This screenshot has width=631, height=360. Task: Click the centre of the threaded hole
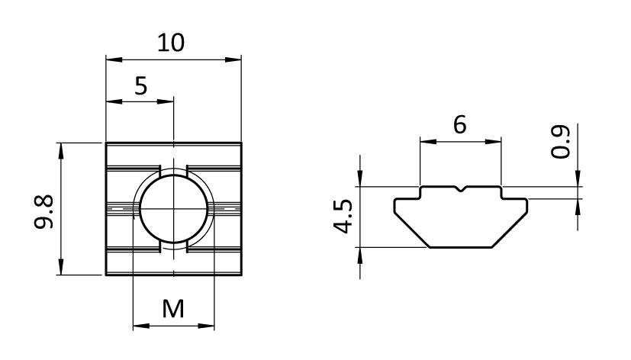pyautogui.click(x=174, y=209)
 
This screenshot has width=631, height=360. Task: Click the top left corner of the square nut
pyautogui.click(x=106, y=143)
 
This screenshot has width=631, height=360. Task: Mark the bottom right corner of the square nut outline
pyautogui.click(x=241, y=275)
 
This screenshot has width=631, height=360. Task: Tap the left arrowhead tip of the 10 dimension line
pyautogui.click(x=106, y=60)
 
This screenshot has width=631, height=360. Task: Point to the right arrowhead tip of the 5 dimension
pyautogui.click(x=173, y=101)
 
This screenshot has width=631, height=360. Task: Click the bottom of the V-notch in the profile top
pyautogui.click(x=461, y=191)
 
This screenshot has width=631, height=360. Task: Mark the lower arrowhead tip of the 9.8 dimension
pyautogui.click(x=61, y=275)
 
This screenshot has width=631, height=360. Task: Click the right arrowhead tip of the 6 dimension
pyautogui.click(x=501, y=142)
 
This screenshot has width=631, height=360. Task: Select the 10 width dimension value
pyautogui.click(x=171, y=43)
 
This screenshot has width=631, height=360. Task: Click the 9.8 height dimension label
pyautogui.click(x=43, y=212)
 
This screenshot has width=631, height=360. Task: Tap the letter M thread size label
pyautogui.click(x=173, y=309)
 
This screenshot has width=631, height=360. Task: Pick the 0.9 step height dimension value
pyautogui.click(x=561, y=142)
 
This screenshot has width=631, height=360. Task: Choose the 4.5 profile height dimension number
pyautogui.click(x=343, y=217)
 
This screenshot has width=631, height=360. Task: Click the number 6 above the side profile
pyautogui.click(x=459, y=124)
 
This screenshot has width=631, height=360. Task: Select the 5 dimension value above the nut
pyautogui.click(x=141, y=86)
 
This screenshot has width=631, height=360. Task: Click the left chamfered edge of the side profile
pyautogui.click(x=412, y=230)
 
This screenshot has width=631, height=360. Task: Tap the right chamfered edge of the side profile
pyautogui.click(x=510, y=230)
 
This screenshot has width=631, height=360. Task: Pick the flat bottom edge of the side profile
pyautogui.click(x=461, y=247)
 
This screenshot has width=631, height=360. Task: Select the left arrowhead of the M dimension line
pyautogui.click(x=141, y=326)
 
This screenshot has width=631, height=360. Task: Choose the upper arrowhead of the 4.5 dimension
pyautogui.click(x=360, y=179)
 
